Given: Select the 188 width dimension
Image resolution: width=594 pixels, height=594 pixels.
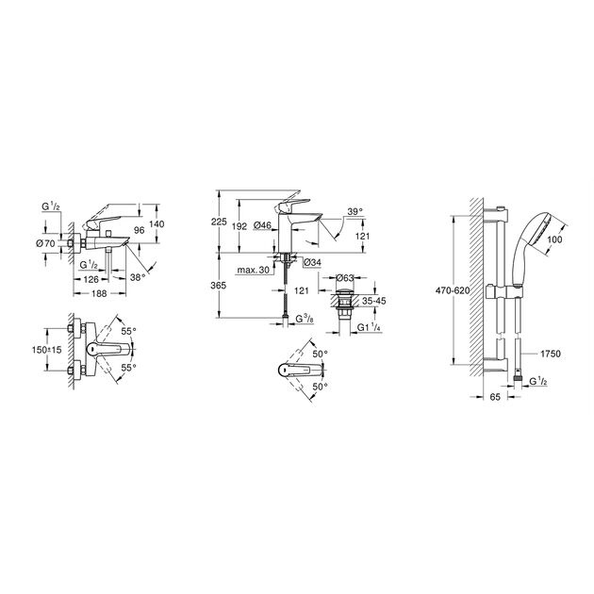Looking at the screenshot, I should coord(97,293).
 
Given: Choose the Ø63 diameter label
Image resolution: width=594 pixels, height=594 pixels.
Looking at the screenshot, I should coord(346,279).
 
